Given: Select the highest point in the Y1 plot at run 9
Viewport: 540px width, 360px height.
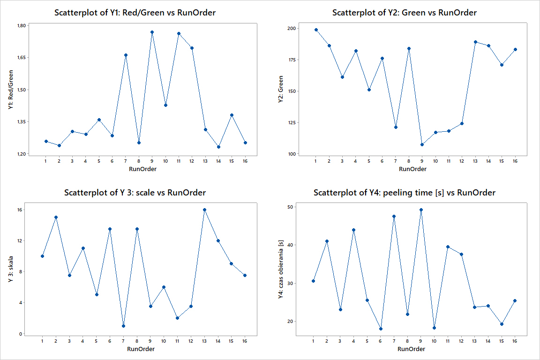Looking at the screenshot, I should (152, 32).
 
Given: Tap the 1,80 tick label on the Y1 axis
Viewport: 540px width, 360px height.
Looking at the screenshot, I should (22, 25).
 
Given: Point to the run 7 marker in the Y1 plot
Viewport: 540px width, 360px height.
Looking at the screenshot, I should (126, 55).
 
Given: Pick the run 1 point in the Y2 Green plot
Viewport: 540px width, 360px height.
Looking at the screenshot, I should (316, 30).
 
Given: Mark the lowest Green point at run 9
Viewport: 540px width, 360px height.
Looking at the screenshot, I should (422, 144).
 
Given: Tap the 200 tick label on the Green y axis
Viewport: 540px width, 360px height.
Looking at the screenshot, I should (292, 29).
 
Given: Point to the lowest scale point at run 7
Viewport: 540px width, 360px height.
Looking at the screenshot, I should (123, 326).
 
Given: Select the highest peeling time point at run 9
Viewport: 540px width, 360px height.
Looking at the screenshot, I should (421, 210).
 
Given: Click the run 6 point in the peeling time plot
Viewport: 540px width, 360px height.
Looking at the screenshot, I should (381, 329).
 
